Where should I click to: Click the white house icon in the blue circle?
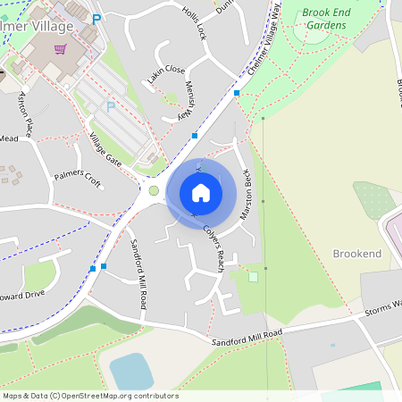201,192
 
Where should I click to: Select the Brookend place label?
357,255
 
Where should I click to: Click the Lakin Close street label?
166,76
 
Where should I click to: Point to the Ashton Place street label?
26,113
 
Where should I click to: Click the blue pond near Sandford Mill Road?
130,372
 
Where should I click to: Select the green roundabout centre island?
154,190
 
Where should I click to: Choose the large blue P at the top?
96,18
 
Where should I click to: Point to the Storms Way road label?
382,309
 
